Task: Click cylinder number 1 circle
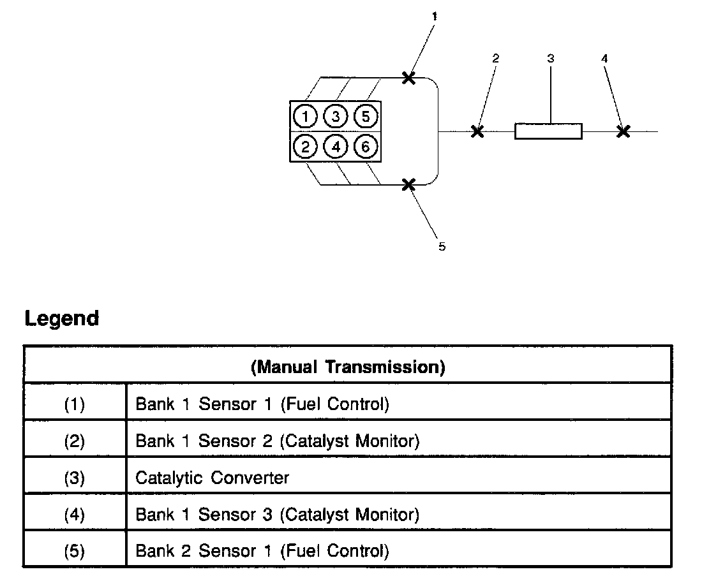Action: [306, 116]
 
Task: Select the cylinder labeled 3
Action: [336, 116]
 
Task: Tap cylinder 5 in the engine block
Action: [366, 116]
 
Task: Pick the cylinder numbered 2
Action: [306, 147]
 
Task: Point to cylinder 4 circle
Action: [336, 147]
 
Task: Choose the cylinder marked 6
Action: [366, 147]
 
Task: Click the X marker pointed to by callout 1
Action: [408, 78]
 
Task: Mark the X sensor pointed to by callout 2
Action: [477, 131]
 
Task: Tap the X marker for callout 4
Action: [624, 131]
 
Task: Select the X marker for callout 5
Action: [408, 184]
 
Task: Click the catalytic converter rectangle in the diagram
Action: [548, 131]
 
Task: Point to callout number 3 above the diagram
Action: [551, 59]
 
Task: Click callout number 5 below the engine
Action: [442, 247]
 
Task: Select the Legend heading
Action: [62, 318]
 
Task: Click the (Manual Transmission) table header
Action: [348, 367]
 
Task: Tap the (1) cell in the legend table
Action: [75, 404]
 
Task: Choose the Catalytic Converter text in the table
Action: [213, 477]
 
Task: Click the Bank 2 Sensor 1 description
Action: [262, 550]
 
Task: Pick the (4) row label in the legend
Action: [75, 514]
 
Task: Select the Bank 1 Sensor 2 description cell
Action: [277, 441]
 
